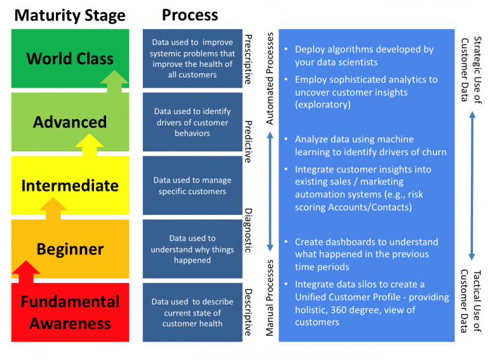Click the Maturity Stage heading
[70, 15]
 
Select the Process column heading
[190, 15]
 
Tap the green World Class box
[70, 59]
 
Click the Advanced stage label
[70, 122]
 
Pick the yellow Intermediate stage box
[70, 186]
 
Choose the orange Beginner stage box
[70, 249]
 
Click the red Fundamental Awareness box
[70, 312]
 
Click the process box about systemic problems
[192, 59]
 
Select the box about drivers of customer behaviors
[192, 122]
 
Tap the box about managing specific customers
[192, 186]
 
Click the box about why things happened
[192, 249]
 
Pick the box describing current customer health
[192, 312]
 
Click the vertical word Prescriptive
[248, 59]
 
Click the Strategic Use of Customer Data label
[471, 70]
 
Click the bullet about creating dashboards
[366, 254]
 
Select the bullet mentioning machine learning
[370, 145]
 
